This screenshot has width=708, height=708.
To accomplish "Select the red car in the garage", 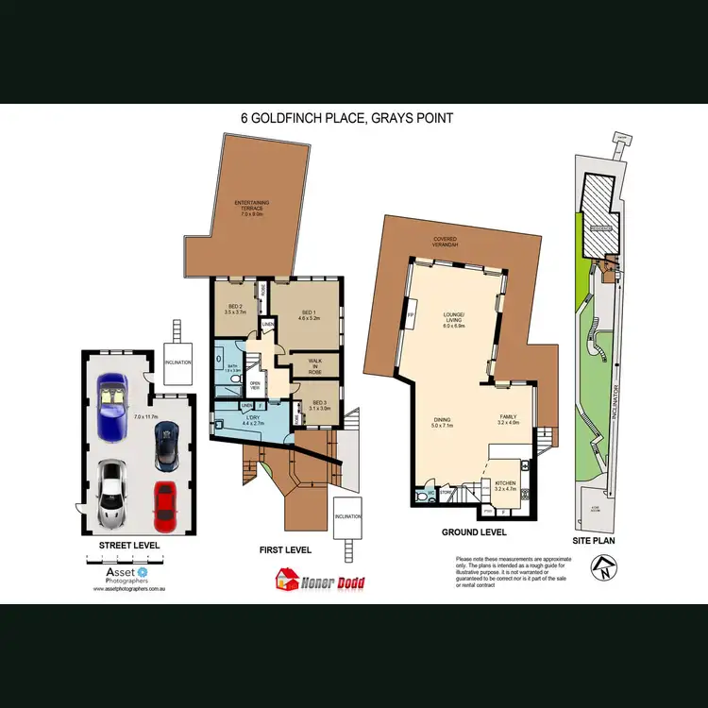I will pos(165,505).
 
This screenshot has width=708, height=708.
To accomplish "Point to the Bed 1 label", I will pos(309,316).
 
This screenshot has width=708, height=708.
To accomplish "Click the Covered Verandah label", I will pos(444,241).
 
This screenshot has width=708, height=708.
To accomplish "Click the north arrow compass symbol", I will pos(601,568).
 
